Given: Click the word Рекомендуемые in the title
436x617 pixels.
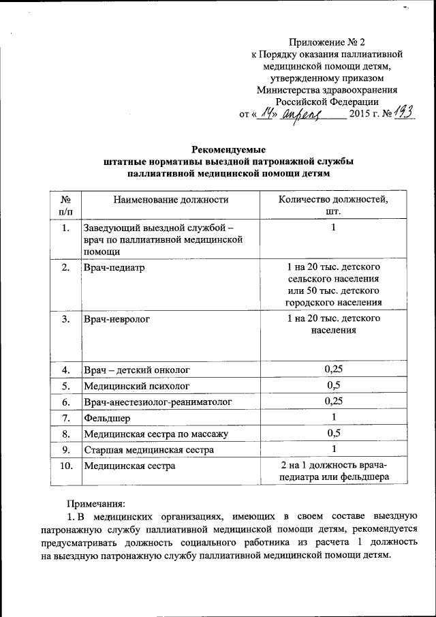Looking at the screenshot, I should coord(228,149).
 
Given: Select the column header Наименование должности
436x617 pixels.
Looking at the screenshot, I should coord(171,200).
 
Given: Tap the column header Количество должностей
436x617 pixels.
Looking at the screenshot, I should coord(333,200).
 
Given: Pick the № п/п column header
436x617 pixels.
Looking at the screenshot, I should coord(66,205).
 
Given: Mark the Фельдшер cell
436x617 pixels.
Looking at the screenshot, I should coord(106,417).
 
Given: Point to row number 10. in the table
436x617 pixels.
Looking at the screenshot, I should coord(66,466).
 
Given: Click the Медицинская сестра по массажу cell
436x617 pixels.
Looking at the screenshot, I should coord(155,434).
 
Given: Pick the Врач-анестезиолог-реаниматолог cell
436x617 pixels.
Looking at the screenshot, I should coord(157,402).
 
